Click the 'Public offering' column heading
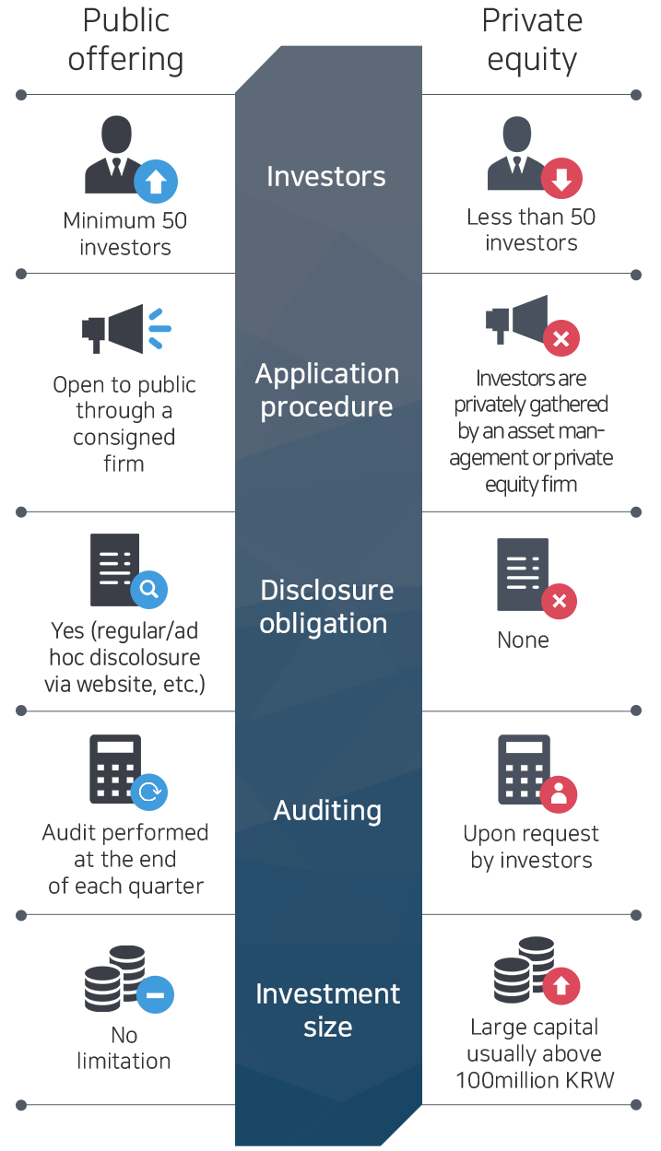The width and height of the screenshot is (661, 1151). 126,41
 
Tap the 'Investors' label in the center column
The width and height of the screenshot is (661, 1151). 326,177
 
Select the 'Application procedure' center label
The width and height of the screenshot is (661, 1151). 327,391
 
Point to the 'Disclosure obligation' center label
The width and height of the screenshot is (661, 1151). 326,606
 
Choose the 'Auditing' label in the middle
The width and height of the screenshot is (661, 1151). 327,811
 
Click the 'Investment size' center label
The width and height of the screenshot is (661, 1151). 327,1010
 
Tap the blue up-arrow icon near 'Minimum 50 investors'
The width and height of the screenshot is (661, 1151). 156,182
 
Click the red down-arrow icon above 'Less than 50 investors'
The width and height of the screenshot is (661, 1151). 561,180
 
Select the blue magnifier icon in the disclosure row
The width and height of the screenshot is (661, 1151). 149,589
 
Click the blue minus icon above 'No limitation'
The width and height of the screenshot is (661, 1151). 155,994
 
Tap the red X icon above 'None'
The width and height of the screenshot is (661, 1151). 559,602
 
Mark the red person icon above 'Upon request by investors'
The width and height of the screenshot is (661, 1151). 559,793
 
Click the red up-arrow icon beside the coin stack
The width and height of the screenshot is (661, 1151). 561,985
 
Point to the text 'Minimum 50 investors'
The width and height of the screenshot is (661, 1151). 125,234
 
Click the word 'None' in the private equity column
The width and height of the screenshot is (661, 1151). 524,640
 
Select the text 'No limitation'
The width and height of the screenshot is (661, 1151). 124,1049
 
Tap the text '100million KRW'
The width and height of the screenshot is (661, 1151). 535,1080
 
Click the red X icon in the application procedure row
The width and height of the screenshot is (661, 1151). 561,339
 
